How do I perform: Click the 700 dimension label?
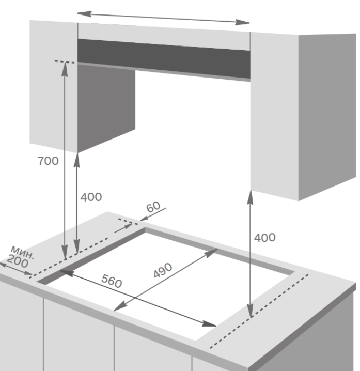48,161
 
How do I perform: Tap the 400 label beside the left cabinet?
91,197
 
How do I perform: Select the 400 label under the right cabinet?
264,237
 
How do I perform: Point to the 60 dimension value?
153,207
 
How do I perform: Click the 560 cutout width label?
112,281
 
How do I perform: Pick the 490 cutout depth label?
163,270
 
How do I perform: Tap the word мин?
23,252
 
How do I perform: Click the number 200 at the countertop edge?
18,261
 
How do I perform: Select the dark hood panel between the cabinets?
164,59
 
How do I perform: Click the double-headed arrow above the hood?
163,18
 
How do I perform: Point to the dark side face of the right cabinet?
327,117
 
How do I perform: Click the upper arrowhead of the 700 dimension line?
65,69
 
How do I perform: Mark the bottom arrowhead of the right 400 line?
251,311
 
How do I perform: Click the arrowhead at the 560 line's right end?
209,323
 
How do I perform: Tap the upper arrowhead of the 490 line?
211,253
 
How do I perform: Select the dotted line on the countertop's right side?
259,311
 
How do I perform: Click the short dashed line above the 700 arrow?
65,62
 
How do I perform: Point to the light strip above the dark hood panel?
164,37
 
